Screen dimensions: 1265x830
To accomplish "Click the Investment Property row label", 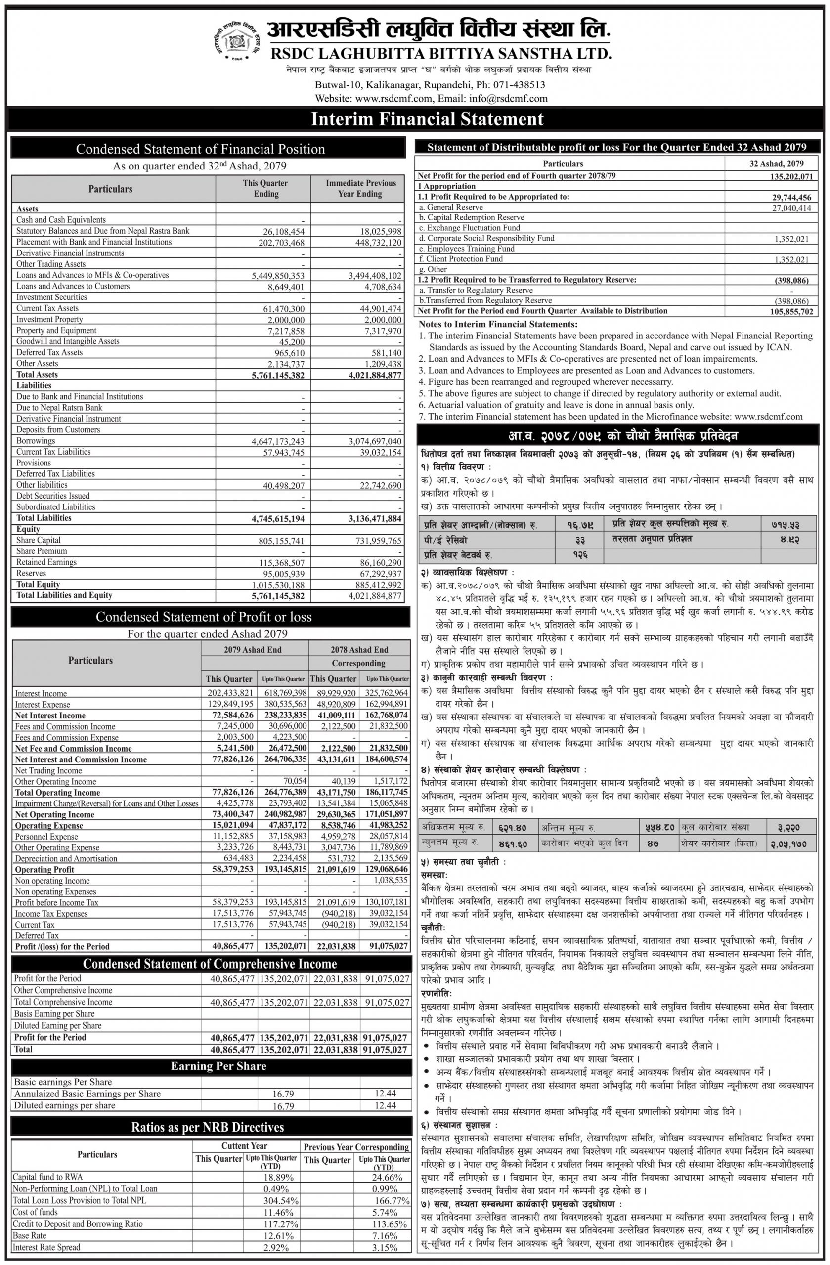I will [49, 319].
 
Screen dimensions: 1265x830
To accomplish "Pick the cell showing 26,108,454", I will [277, 231].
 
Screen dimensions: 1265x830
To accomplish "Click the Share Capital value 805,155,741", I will [277, 541].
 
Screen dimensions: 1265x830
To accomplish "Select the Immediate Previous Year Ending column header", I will [360, 189].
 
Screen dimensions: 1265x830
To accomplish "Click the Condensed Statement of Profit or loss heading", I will [211, 617].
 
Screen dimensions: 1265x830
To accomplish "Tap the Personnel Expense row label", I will [46, 837].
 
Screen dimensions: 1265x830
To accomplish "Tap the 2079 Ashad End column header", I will [253, 649].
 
